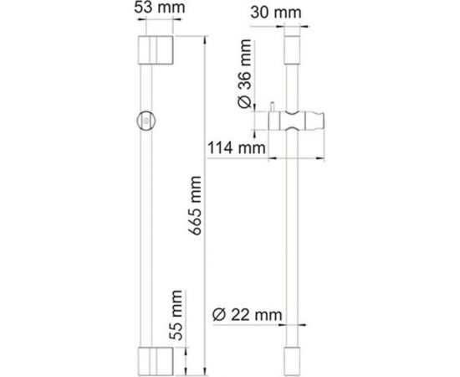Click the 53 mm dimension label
(160, 8)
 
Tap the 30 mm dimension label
(276, 13)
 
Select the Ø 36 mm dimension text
(245, 74)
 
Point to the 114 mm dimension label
(237, 147)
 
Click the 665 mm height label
(195, 206)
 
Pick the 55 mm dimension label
(176, 315)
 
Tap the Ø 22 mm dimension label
(247, 315)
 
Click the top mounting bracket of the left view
(156, 50)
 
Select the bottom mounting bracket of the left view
(156, 361)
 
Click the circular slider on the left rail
(146, 121)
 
